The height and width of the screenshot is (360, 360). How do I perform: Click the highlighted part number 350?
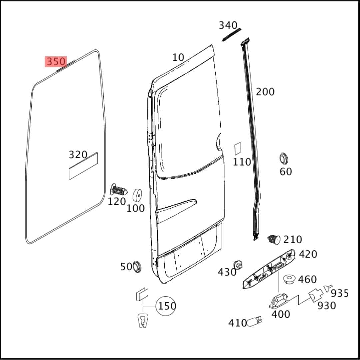(56, 62)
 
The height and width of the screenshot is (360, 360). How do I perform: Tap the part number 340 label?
(228, 25)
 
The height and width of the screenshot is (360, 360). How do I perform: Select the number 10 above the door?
(178, 57)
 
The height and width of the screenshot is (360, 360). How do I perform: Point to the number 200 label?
(265, 92)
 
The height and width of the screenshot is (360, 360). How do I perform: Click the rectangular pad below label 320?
(83, 166)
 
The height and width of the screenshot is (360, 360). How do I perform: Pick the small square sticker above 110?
(237, 149)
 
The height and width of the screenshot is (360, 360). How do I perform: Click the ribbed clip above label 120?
(119, 190)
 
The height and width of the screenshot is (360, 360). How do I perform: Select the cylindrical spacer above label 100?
(137, 195)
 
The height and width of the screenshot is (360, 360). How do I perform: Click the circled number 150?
(167, 306)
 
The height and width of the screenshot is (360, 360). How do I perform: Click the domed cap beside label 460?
(290, 279)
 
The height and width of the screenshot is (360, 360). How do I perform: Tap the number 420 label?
(308, 254)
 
